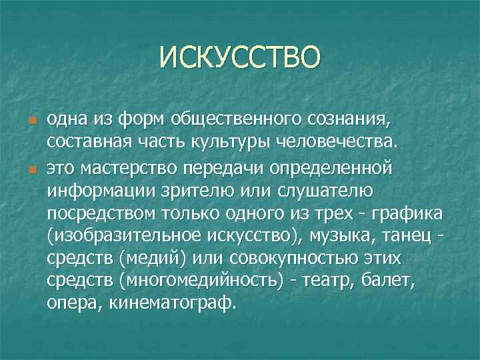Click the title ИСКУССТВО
coord(239,57)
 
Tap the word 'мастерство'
coord(132,167)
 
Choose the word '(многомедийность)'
coord(189,281)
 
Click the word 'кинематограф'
coord(174,303)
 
